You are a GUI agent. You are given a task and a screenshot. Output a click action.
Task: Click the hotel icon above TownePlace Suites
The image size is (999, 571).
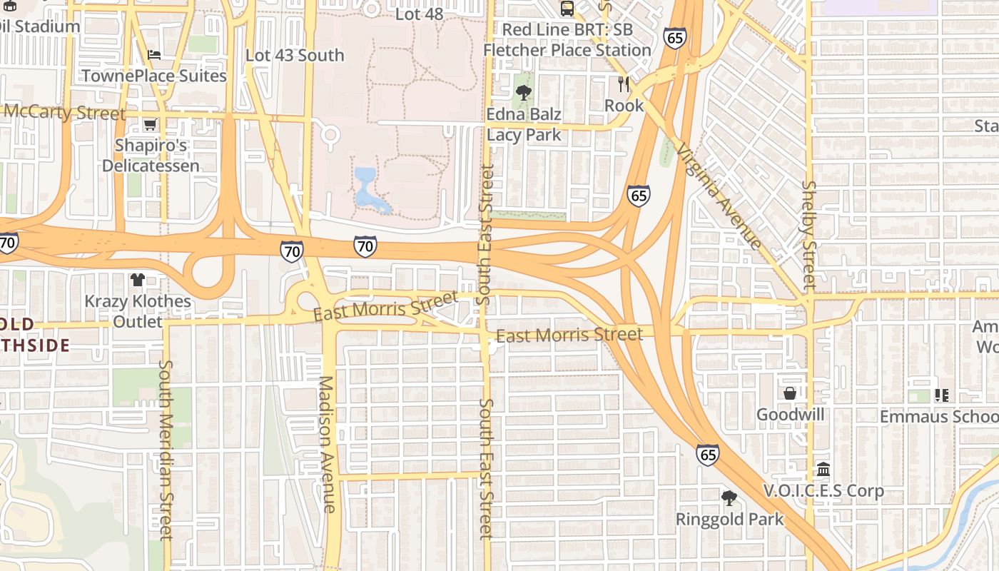[x=154, y=55]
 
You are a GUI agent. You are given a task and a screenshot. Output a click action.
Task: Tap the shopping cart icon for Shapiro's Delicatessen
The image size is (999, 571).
[x=150, y=125]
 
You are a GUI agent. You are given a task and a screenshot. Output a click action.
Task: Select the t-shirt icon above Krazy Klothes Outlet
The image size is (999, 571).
[x=138, y=279]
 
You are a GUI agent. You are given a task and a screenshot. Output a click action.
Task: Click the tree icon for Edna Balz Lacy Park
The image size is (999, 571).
[x=524, y=92]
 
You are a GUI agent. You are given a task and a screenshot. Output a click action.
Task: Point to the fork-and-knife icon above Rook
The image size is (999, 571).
[x=624, y=84]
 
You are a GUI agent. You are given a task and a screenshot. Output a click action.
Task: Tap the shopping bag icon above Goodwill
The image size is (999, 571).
[x=790, y=393]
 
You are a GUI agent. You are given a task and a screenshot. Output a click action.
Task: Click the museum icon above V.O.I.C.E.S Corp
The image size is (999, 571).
[x=823, y=470]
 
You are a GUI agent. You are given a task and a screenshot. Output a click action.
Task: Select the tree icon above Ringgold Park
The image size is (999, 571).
[x=729, y=497]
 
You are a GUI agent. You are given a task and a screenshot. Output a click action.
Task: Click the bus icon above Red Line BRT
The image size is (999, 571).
[x=567, y=9]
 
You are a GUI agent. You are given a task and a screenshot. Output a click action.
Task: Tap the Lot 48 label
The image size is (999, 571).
[x=419, y=14]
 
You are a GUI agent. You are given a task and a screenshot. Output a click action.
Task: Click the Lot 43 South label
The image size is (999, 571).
[x=295, y=55]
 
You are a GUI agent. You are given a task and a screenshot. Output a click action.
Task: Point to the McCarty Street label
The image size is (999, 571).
[x=64, y=113]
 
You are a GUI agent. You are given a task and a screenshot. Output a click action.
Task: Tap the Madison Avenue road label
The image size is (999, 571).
[x=327, y=443]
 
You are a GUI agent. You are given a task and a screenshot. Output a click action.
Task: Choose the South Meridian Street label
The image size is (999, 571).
[x=166, y=450]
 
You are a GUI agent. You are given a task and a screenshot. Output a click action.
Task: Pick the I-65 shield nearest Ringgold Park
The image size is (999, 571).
[x=707, y=454]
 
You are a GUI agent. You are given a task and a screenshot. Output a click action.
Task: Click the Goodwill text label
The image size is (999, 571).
[x=790, y=415]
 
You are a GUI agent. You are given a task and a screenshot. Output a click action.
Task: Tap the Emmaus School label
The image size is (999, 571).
[x=938, y=416]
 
